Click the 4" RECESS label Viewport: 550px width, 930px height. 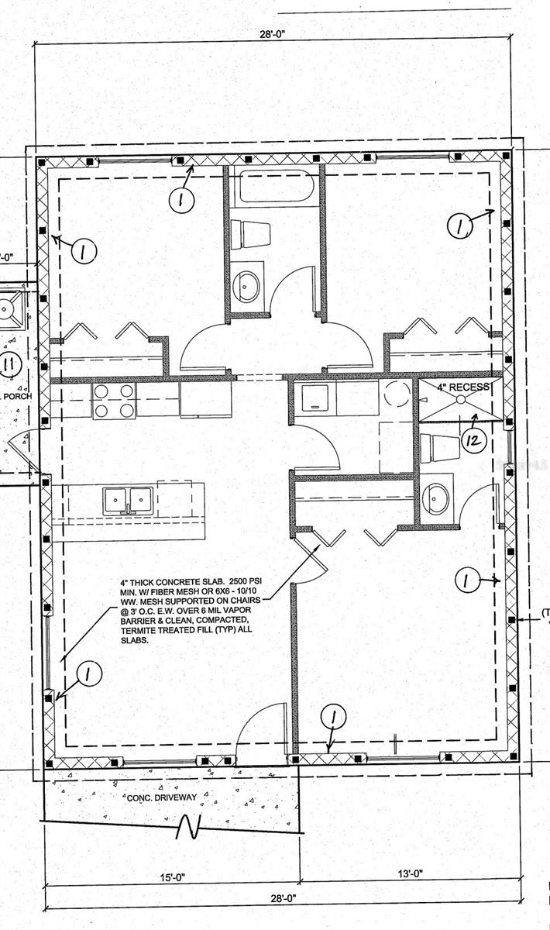click(462, 387)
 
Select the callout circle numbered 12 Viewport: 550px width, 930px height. click(473, 440)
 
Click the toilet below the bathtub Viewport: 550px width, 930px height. click(250, 233)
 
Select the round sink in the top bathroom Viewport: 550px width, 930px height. click(248, 284)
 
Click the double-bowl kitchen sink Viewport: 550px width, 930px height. click(129, 500)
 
